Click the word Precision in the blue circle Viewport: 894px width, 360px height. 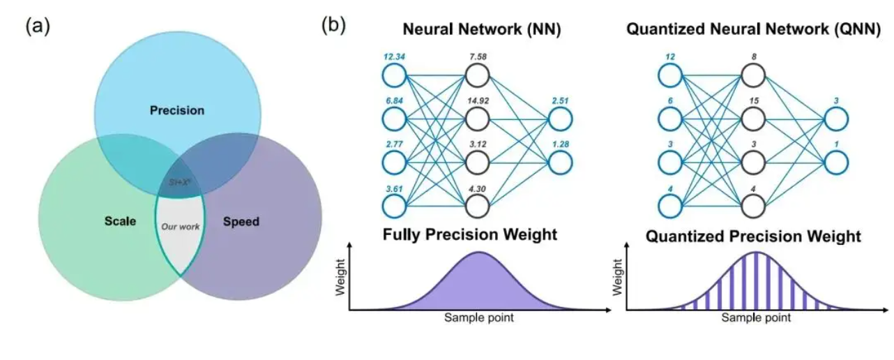pos(177,110)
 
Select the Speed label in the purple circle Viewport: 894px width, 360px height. pos(241,222)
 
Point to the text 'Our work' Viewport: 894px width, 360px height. pos(180,227)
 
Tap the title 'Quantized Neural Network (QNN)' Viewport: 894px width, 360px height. pos(752,30)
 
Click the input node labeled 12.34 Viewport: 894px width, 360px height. pos(395,75)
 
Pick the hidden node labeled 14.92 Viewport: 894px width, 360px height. pos(478,118)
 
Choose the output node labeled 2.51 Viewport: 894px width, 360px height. pos(560,119)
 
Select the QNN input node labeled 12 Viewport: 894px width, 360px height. pos(669,75)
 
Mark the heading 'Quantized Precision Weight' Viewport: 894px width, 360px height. pos(753,237)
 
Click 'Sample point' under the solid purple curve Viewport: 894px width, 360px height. pos(480,318)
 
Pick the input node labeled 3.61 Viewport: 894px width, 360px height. pos(395,206)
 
